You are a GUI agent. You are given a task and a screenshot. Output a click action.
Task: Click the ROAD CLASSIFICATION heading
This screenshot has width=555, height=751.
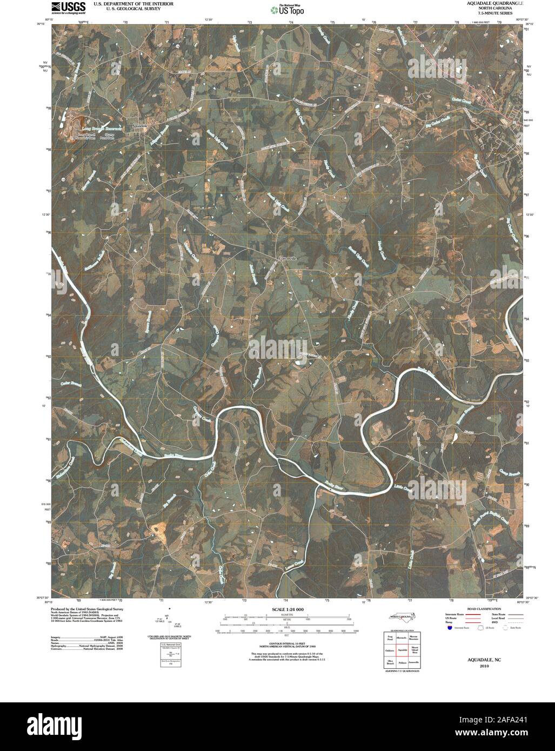click(475, 608)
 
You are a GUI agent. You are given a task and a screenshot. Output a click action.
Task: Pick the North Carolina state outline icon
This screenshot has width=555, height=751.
click(400, 617)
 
